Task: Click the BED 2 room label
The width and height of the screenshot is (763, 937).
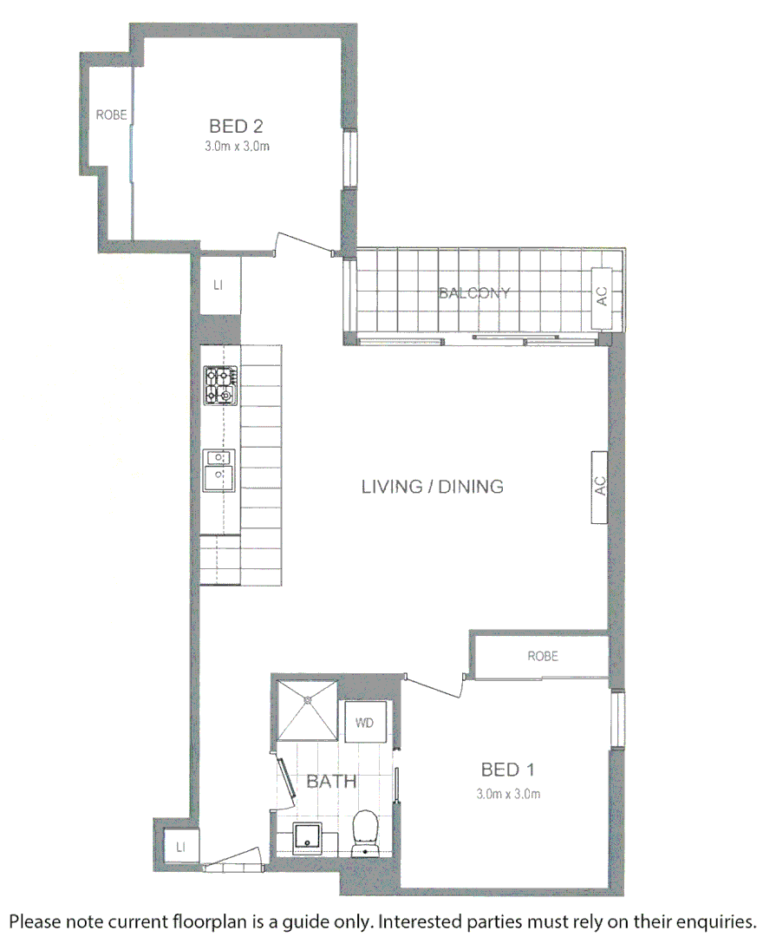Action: (236, 127)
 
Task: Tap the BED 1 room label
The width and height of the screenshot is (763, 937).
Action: (508, 770)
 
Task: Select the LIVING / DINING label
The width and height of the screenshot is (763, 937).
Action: (432, 487)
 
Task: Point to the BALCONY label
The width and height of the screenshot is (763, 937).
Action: (474, 293)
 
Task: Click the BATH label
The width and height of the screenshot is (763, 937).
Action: (331, 782)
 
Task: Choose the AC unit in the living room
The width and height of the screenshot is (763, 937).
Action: (599, 487)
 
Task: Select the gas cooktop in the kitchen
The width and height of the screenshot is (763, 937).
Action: (220, 385)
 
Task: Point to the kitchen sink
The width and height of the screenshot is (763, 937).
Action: (219, 469)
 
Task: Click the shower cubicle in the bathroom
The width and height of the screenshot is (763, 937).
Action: (306, 709)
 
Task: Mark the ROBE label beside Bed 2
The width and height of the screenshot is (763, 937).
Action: (111, 114)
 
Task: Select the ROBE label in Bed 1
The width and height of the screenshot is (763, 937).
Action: (543, 657)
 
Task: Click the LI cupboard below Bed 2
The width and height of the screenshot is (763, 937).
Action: (218, 285)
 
